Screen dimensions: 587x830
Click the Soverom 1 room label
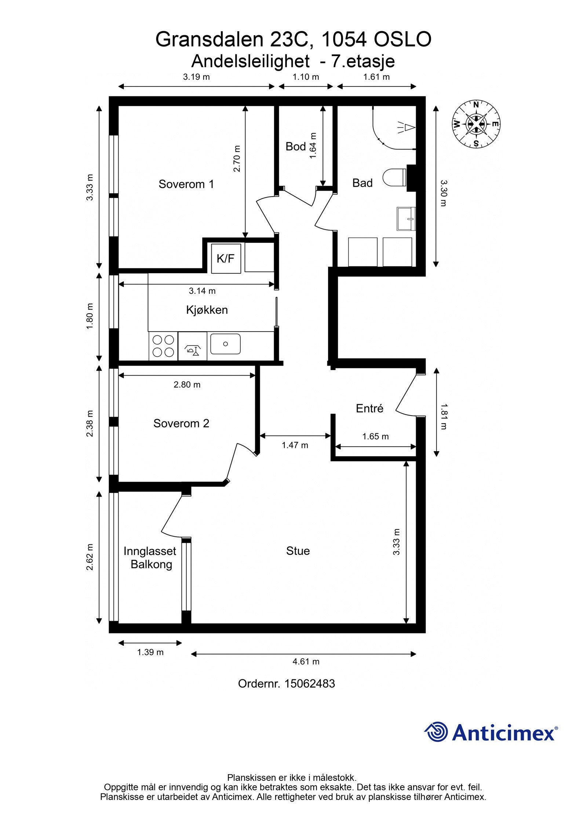click(x=186, y=184)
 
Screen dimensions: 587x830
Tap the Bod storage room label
click(x=295, y=147)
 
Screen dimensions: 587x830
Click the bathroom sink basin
click(x=406, y=219)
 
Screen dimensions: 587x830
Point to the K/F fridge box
click(x=226, y=259)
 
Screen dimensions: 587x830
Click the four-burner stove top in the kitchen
click(x=163, y=346)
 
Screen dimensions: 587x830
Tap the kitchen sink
click(x=225, y=344)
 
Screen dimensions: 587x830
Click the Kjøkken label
click(x=207, y=310)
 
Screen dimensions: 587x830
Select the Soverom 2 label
click(x=181, y=423)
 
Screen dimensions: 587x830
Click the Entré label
click(x=369, y=408)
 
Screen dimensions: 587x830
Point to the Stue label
click(x=298, y=551)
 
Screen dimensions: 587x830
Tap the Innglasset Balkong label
click(x=150, y=557)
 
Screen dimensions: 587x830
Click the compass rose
click(x=476, y=124)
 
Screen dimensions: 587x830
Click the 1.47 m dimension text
click(x=295, y=445)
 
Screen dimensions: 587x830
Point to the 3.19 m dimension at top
click(x=196, y=77)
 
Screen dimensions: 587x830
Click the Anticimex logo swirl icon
click(x=436, y=732)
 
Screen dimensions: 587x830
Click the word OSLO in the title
click(x=402, y=39)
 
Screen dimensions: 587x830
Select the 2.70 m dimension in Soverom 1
click(x=237, y=158)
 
